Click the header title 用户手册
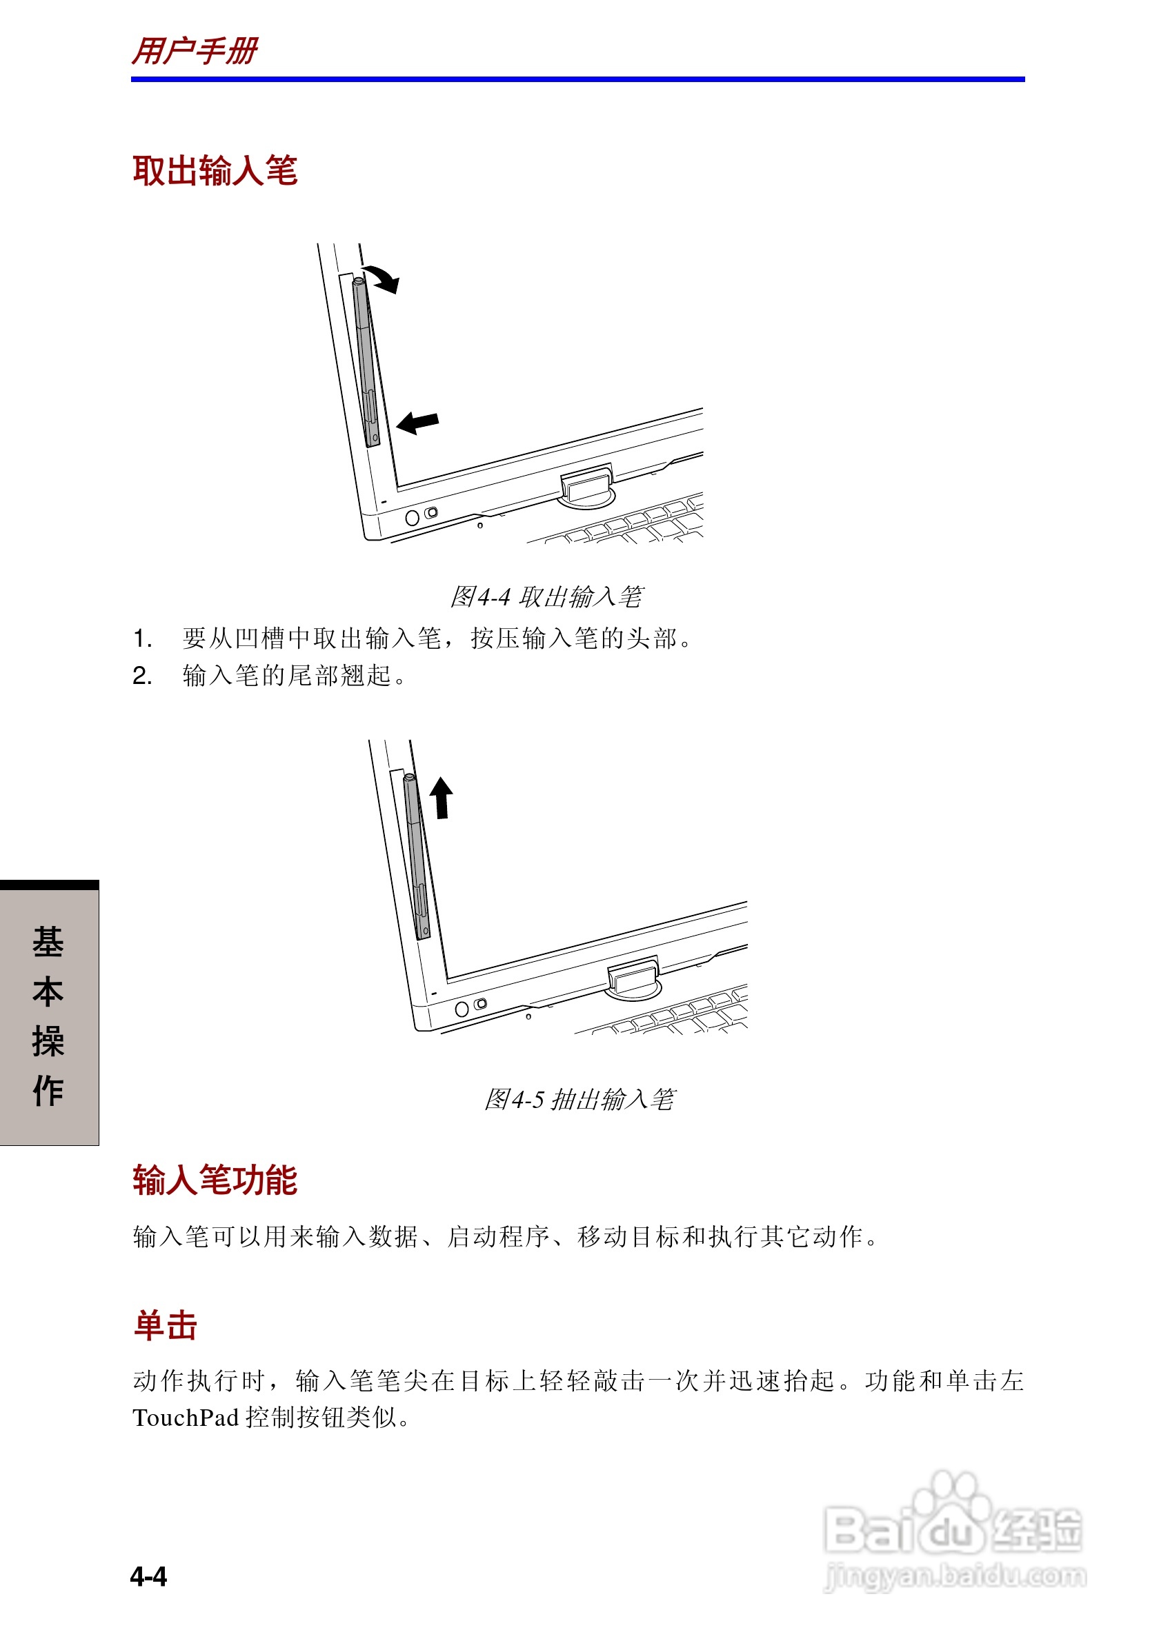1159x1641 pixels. point(195,52)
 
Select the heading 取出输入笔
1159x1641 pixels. point(215,172)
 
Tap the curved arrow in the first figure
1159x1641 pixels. point(382,278)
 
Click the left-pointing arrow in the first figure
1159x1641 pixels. point(417,423)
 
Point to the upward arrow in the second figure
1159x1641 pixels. point(441,797)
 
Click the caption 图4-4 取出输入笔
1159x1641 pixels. point(546,597)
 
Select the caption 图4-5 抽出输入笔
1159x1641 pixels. point(579,1099)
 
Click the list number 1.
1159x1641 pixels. point(142,638)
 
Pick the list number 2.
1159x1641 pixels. point(142,676)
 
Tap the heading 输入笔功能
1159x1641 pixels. point(215,1180)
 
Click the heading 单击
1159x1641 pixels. point(165,1325)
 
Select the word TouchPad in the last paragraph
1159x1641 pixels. point(185,1418)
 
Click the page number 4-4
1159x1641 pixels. point(149,1576)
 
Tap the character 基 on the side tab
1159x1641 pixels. point(48,942)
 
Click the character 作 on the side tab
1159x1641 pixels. point(48,1091)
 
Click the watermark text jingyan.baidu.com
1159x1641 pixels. point(955,1575)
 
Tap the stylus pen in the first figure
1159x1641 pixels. point(366,361)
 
